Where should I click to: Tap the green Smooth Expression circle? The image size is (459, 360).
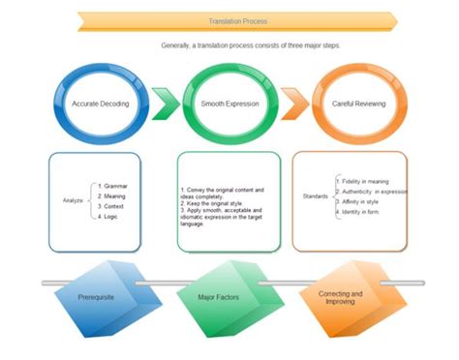(x=229, y=102)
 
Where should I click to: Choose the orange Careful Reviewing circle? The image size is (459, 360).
(x=358, y=102)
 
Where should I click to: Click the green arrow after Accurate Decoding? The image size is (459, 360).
(x=166, y=102)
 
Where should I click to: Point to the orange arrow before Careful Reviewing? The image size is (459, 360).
(x=294, y=102)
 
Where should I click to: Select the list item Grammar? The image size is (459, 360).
(x=115, y=185)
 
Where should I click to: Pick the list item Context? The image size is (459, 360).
(x=114, y=207)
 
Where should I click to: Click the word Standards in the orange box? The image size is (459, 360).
(x=315, y=195)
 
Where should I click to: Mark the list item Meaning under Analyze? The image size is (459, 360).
(x=115, y=195)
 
